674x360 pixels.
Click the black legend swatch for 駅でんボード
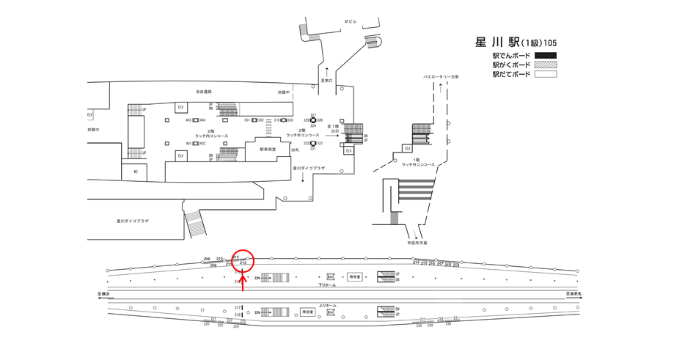(546, 56)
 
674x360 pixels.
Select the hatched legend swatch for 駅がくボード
(546, 65)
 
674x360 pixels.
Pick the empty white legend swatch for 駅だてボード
(546, 74)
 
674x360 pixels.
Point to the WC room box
(134, 171)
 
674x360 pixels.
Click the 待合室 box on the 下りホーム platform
(355, 277)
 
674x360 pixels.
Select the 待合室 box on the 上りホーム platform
(308, 312)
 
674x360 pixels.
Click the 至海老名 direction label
(574, 293)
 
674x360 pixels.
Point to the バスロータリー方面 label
(440, 76)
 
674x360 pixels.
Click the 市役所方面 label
(417, 242)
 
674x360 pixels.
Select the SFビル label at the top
(351, 22)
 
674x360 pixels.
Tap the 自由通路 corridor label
(203, 92)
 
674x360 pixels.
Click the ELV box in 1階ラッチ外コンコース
(407, 148)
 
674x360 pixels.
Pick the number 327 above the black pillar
(313, 115)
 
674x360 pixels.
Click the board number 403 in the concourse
(188, 120)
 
